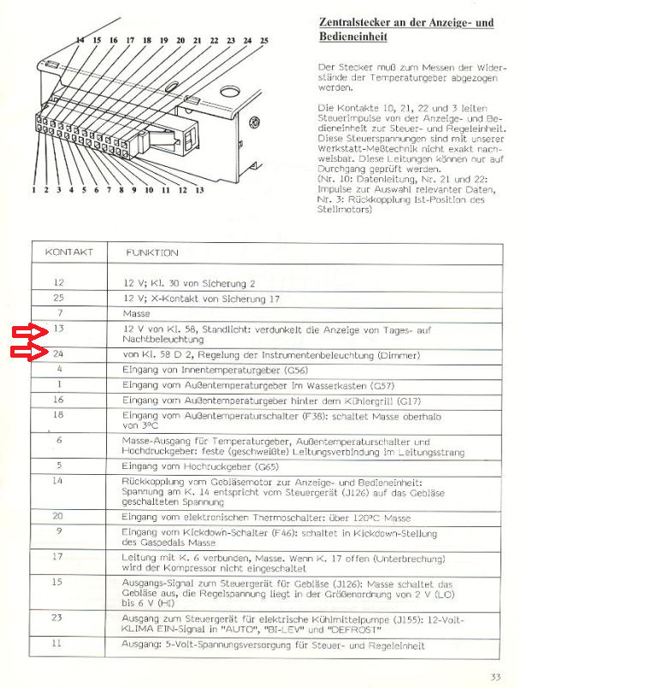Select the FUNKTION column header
(x=152, y=252)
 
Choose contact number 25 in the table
(x=59, y=299)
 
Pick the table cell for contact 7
(x=59, y=314)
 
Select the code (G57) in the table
(x=378, y=385)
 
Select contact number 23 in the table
(x=59, y=618)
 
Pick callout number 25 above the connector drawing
(x=263, y=41)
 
